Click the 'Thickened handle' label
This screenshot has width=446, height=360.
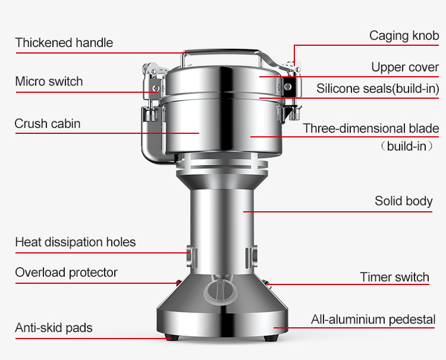coord(64,43)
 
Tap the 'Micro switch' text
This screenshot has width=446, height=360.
coord(49,82)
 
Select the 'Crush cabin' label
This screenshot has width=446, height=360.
coord(48,124)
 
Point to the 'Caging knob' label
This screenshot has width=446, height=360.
coord(404,36)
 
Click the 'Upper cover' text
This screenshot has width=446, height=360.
coord(405,67)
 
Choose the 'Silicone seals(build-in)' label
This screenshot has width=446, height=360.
coord(378,89)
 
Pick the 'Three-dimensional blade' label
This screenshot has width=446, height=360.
coord(371,129)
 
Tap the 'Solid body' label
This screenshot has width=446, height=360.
coord(404,201)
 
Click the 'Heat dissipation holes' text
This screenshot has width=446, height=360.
coord(76,242)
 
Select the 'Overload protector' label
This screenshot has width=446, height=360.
coord(66,273)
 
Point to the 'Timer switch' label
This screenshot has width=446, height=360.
coord(394,277)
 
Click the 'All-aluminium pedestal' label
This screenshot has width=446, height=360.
coord(373,320)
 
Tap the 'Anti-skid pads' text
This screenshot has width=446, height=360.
coord(54,328)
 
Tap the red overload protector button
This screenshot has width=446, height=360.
coord(178,283)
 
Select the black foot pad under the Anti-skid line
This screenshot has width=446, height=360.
coord(172,338)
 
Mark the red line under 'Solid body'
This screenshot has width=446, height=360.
coord(338,212)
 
